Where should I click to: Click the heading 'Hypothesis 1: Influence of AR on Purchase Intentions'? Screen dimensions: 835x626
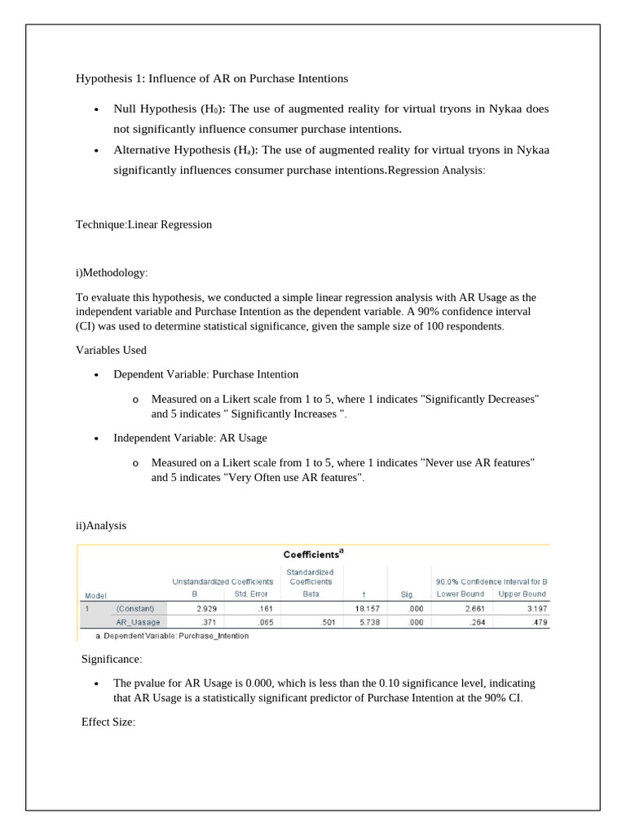point(212,78)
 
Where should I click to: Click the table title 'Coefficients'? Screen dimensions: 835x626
point(312,554)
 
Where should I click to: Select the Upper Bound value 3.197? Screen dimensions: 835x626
point(532,608)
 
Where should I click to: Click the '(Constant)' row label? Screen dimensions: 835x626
point(140,608)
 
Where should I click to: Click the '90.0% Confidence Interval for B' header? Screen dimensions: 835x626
point(491,581)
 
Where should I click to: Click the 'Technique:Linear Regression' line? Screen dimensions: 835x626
point(143,224)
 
